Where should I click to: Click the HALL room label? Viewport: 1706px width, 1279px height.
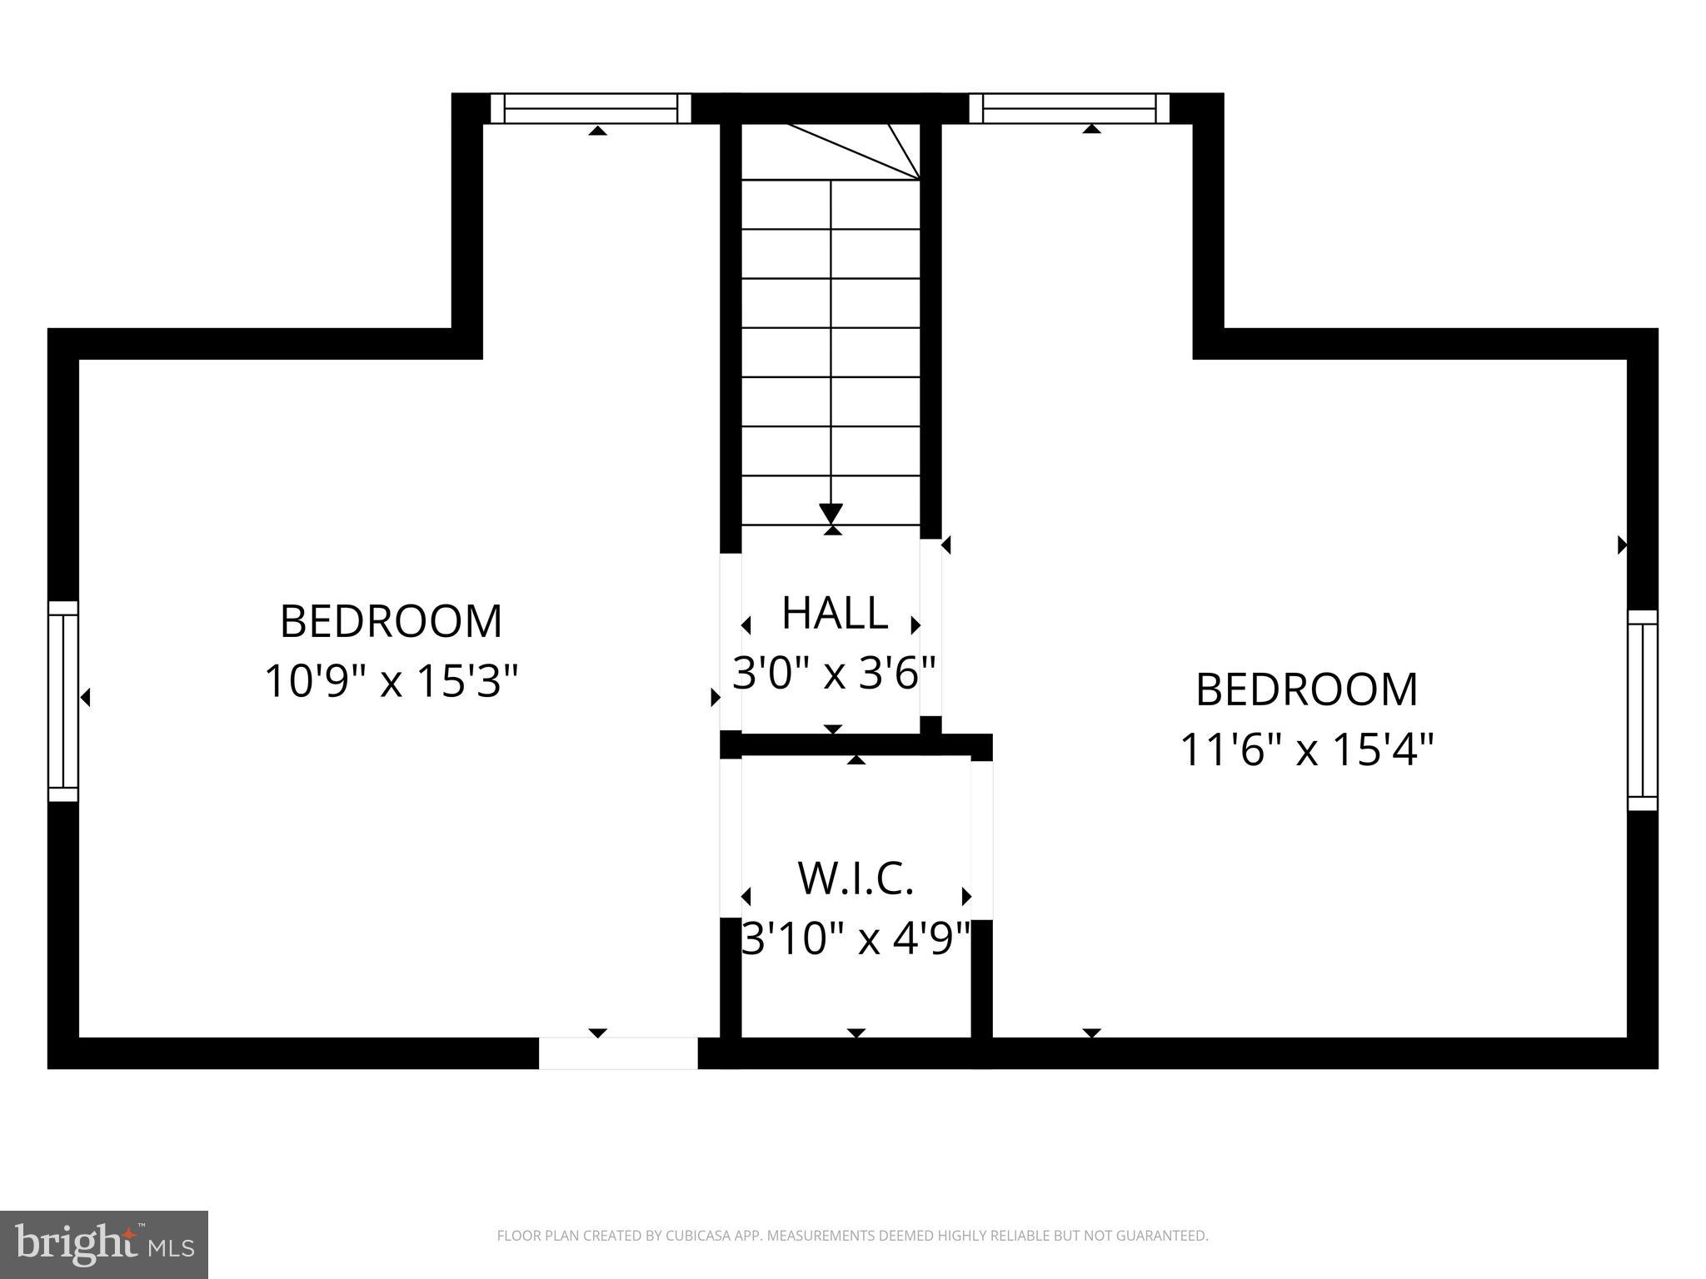point(834,614)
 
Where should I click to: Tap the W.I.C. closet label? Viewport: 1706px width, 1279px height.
point(855,879)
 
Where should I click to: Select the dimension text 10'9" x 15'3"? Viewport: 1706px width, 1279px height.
point(391,681)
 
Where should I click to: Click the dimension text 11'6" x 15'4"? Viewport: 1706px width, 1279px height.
point(1306,749)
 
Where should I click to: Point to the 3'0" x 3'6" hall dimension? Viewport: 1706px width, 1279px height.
point(834,673)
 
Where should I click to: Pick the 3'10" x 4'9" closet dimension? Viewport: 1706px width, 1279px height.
point(856,939)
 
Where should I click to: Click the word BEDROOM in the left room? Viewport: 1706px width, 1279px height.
point(391,621)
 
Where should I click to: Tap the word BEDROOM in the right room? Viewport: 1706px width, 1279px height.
point(1306,689)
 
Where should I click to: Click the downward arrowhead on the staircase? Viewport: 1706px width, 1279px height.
point(831,513)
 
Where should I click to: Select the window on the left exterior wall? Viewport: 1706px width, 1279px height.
point(63,701)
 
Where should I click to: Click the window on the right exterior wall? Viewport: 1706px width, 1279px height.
point(1643,710)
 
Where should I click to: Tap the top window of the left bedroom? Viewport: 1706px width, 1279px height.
point(591,109)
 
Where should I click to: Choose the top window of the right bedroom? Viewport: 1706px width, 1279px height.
point(1069,109)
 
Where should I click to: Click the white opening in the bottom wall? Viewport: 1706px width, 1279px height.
point(618,1053)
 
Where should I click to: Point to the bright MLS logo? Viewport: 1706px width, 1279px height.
point(103,1245)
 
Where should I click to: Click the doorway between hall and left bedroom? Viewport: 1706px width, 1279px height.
point(731,641)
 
